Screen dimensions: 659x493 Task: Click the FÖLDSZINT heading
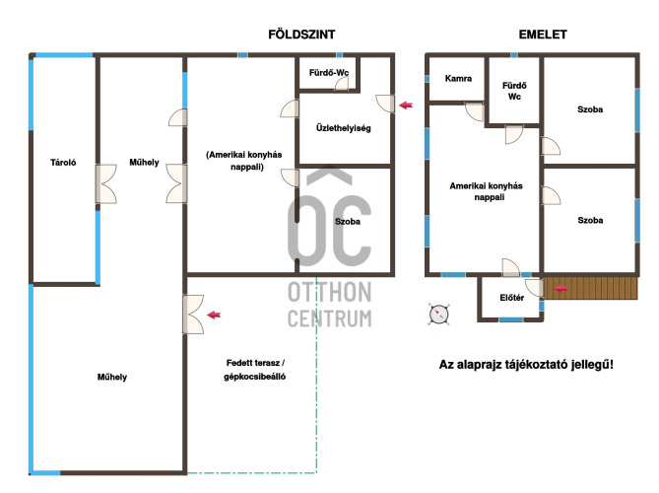pyautogui.click(x=301, y=35)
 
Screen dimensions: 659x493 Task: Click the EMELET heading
pyautogui.click(x=543, y=35)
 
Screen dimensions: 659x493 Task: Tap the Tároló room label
pyautogui.click(x=63, y=163)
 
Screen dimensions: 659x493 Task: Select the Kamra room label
pyautogui.click(x=458, y=78)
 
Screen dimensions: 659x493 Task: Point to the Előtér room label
pyautogui.click(x=511, y=298)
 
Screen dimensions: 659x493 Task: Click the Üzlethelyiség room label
pyautogui.click(x=344, y=128)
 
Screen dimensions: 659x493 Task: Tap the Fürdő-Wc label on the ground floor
pyautogui.click(x=329, y=72)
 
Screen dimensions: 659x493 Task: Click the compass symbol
pyautogui.click(x=438, y=315)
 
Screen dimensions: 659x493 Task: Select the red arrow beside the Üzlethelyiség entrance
pyautogui.click(x=406, y=105)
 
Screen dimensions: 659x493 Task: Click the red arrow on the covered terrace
pyautogui.click(x=214, y=315)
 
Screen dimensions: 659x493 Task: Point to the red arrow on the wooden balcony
pyautogui.click(x=561, y=289)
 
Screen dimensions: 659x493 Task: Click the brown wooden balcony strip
pyautogui.click(x=590, y=288)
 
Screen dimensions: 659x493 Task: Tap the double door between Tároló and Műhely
pyautogui.click(x=106, y=183)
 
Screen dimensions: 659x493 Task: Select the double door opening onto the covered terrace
pyautogui.click(x=193, y=315)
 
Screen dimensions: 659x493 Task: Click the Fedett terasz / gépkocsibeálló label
pyautogui.click(x=255, y=370)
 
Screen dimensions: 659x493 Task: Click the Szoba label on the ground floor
pyautogui.click(x=347, y=221)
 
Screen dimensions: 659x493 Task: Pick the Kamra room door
pyautogui.click(x=475, y=111)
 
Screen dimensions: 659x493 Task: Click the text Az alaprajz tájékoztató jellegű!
pyautogui.click(x=526, y=364)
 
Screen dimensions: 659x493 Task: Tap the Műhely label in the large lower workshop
pyautogui.click(x=111, y=377)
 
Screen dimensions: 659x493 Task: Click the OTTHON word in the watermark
pyautogui.click(x=329, y=292)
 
